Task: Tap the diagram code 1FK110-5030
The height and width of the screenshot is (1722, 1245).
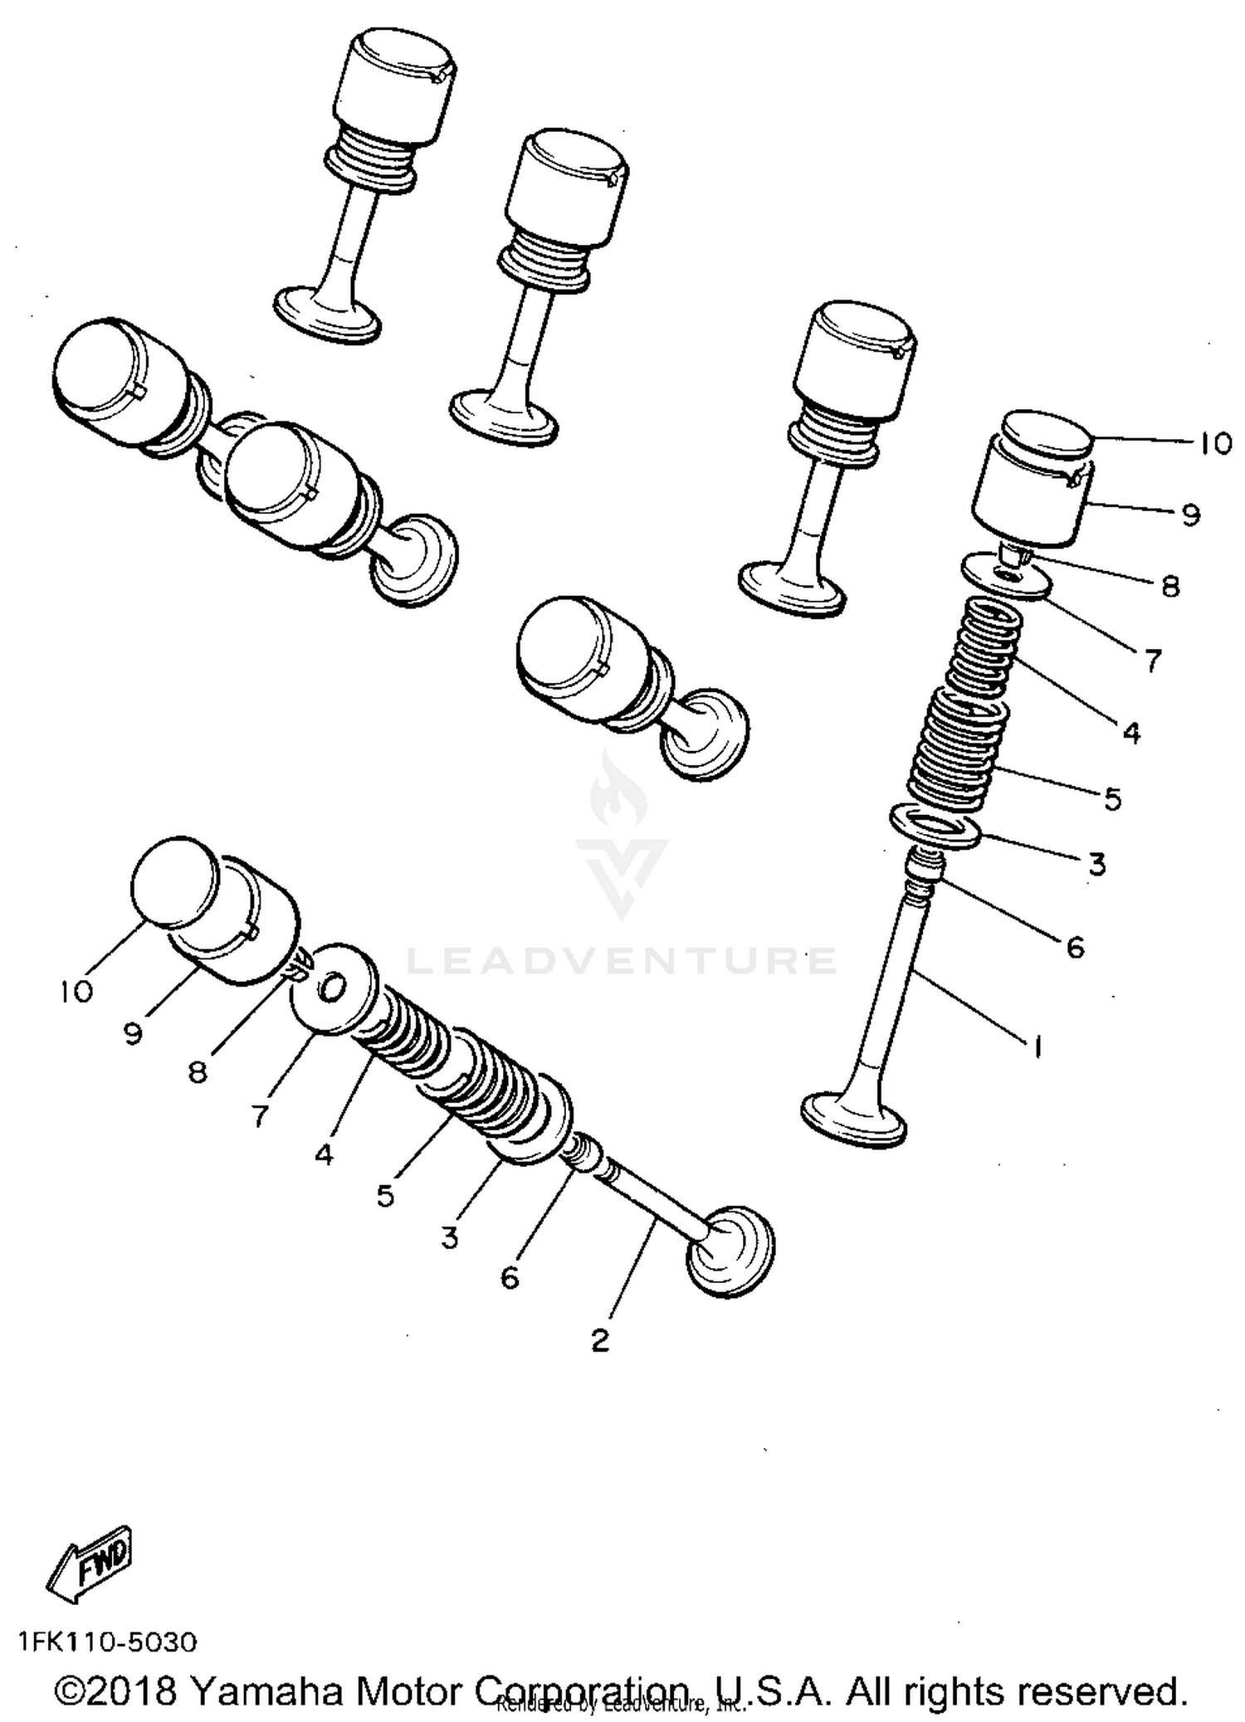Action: pyautogui.click(x=107, y=1642)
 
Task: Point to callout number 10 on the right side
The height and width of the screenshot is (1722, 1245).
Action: pyautogui.click(x=1214, y=444)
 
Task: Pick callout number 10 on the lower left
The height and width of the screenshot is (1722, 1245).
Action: pyautogui.click(x=76, y=990)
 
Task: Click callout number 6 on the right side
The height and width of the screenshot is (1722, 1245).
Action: pyautogui.click(x=1075, y=946)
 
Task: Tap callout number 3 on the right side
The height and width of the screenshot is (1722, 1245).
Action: pyautogui.click(x=1096, y=864)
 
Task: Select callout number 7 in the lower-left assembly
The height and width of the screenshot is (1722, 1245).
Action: pyautogui.click(x=261, y=1115)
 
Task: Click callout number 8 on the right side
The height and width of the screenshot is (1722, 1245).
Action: pyautogui.click(x=1169, y=587)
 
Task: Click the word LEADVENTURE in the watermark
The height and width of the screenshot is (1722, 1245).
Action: pyautogui.click(x=621, y=961)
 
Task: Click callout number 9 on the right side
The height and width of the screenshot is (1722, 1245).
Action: pyautogui.click(x=1189, y=515)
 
